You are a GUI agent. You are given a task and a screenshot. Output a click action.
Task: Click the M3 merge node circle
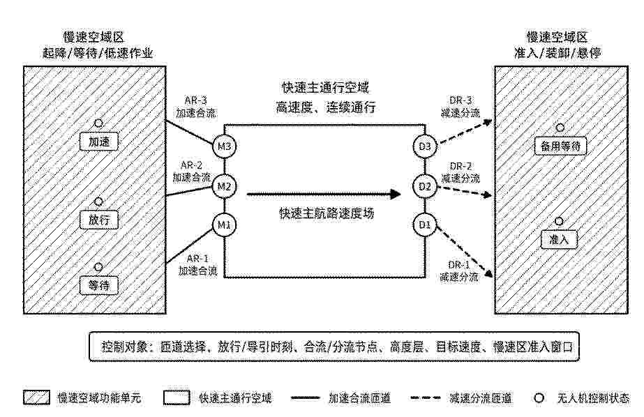[x=224, y=146]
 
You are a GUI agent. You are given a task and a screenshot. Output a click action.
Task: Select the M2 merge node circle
[x=224, y=187]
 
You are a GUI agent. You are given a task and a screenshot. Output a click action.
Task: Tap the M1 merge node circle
[x=224, y=225]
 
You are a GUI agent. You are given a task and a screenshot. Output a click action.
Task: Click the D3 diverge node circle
[x=425, y=146]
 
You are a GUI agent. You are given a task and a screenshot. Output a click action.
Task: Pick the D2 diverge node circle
[x=425, y=187]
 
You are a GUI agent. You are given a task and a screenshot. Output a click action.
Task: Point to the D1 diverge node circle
[x=425, y=225]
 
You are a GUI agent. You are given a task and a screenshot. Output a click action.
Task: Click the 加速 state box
[x=99, y=142]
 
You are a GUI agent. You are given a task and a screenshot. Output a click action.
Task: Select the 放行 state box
[x=99, y=220]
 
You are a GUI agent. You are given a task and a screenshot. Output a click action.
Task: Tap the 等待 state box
[x=99, y=285]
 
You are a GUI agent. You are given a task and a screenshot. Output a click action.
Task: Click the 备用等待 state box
[x=560, y=146]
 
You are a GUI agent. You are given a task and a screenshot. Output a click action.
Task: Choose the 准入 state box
[x=560, y=239]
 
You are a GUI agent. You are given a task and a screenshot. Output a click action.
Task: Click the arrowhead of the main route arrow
[x=396, y=194]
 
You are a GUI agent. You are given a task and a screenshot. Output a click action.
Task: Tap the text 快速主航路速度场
[x=327, y=213]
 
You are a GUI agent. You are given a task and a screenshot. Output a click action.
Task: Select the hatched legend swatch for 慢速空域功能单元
[x=36, y=397]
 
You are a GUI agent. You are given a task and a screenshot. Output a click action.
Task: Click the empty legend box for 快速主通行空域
[x=177, y=397]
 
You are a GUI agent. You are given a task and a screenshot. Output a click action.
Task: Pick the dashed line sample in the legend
[x=426, y=397]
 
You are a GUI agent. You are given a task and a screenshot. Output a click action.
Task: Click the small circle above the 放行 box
[x=99, y=202]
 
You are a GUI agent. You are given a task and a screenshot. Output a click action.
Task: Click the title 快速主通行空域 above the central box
[x=325, y=87]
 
